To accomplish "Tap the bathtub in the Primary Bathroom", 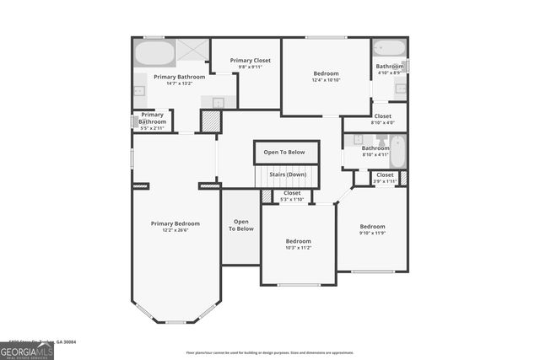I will tap(154, 53).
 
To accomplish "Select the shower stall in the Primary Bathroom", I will tap(192, 51).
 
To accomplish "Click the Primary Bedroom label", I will tap(175, 223).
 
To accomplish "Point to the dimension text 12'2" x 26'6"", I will tap(175, 230).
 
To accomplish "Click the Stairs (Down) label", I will tap(287, 175).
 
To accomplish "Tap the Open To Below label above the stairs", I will tap(287, 153).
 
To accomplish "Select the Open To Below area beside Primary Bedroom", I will tap(240, 225).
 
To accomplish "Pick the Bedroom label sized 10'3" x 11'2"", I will tap(298, 242).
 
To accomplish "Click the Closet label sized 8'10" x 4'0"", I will tap(382, 116).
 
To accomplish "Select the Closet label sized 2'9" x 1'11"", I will tap(385, 175).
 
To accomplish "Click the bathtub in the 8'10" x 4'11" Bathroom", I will tap(397, 152).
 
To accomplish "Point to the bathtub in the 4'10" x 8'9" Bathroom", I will tap(390, 48).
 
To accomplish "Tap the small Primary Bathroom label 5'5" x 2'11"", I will tap(152, 118).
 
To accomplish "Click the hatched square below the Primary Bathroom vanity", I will tap(210, 121).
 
